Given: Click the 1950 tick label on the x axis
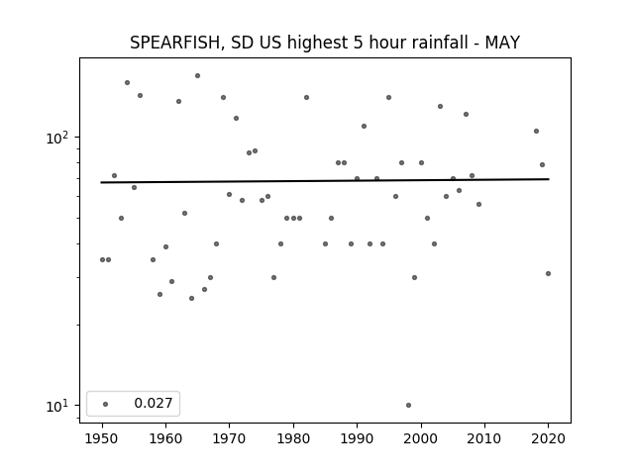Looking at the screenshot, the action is click(x=102, y=438).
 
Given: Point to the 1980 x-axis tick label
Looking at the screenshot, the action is click(x=293, y=438).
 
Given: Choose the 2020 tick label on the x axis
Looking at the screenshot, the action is click(x=548, y=438).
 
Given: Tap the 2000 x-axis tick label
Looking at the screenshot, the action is click(x=421, y=438).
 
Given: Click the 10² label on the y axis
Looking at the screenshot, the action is click(x=57, y=139).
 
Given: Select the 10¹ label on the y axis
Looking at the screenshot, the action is click(x=57, y=407).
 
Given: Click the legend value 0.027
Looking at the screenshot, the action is click(x=154, y=403).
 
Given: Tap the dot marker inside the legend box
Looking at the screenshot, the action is click(x=106, y=404).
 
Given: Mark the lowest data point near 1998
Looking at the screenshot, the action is click(x=408, y=405).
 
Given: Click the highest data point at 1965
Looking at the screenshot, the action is click(x=197, y=75).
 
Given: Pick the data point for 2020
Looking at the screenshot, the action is click(x=548, y=273).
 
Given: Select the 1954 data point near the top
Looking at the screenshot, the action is click(x=128, y=82).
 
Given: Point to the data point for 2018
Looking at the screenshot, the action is click(x=536, y=131).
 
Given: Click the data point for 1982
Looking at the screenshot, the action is click(x=306, y=97).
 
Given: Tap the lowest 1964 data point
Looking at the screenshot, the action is click(x=191, y=298).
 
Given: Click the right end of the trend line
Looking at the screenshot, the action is click(x=549, y=179).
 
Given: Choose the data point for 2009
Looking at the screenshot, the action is click(x=478, y=205).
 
